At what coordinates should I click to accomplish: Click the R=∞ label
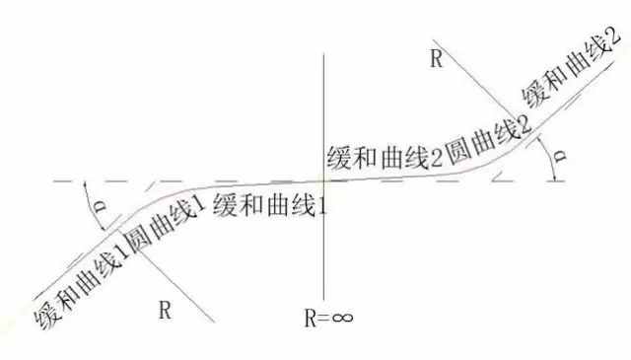pyautogui.click(x=328, y=319)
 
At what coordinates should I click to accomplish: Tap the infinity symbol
pyautogui.click(x=343, y=318)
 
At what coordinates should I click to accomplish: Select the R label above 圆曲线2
pyautogui.click(x=437, y=59)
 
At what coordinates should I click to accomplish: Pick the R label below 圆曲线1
pyautogui.click(x=165, y=310)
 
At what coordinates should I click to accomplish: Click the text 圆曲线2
pyautogui.click(x=489, y=140)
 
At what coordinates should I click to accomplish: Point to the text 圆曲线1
pyautogui.click(x=164, y=225)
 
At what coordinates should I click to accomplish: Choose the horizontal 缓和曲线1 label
pyautogui.click(x=270, y=205)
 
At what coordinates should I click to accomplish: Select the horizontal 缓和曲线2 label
pyautogui.click(x=385, y=157)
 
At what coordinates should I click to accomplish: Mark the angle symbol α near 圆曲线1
pyautogui.click(x=101, y=206)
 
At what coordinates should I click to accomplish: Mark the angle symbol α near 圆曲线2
pyautogui.click(x=559, y=156)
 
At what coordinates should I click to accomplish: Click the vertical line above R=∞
pyautogui.click(x=324, y=177)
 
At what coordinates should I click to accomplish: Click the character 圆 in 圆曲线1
pyautogui.click(x=137, y=240)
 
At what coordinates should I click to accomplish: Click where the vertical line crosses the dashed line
pyautogui.click(x=324, y=180)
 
